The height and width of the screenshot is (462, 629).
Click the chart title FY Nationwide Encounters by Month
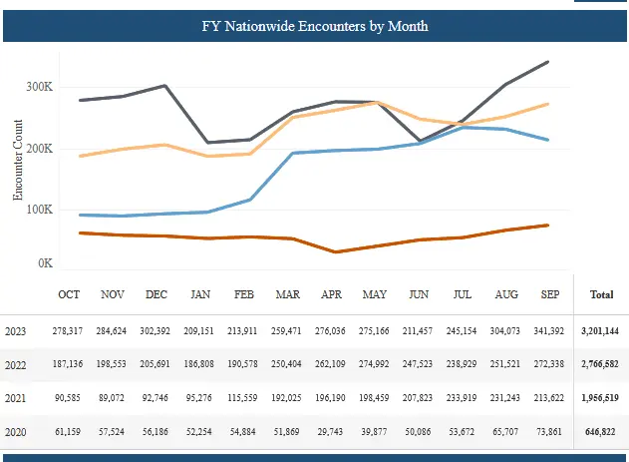pos(314,26)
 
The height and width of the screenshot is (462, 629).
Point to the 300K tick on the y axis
pos(39,88)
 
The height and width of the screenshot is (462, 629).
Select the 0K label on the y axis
pos(45,264)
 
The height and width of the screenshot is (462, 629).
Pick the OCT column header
pos(69,295)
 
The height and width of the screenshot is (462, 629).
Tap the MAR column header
pos(287,295)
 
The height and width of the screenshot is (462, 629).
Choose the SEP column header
pos(549,295)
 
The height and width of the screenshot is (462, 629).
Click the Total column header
pos(602,295)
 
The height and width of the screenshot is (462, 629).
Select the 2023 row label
pos(16,330)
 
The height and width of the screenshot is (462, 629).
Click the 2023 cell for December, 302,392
pos(157,330)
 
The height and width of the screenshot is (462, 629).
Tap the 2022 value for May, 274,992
pos(375,365)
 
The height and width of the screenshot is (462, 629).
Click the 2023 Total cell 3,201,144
pos(602,330)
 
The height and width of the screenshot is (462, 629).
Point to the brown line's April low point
pos(335,251)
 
